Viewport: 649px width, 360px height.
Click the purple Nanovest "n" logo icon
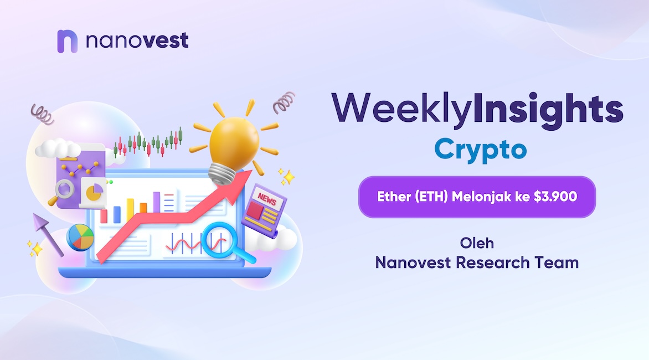point(67,41)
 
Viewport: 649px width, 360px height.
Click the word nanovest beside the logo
point(137,40)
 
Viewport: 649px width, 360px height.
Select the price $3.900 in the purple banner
point(555,196)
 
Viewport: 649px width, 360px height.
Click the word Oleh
point(477,243)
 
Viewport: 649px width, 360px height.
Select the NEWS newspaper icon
point(264,210)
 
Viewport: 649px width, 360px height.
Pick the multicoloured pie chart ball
point(80,238)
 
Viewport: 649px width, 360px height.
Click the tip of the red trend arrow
point(251,171)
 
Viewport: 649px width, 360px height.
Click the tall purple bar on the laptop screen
point(157,202)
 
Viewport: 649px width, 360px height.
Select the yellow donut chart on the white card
point(94,192)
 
